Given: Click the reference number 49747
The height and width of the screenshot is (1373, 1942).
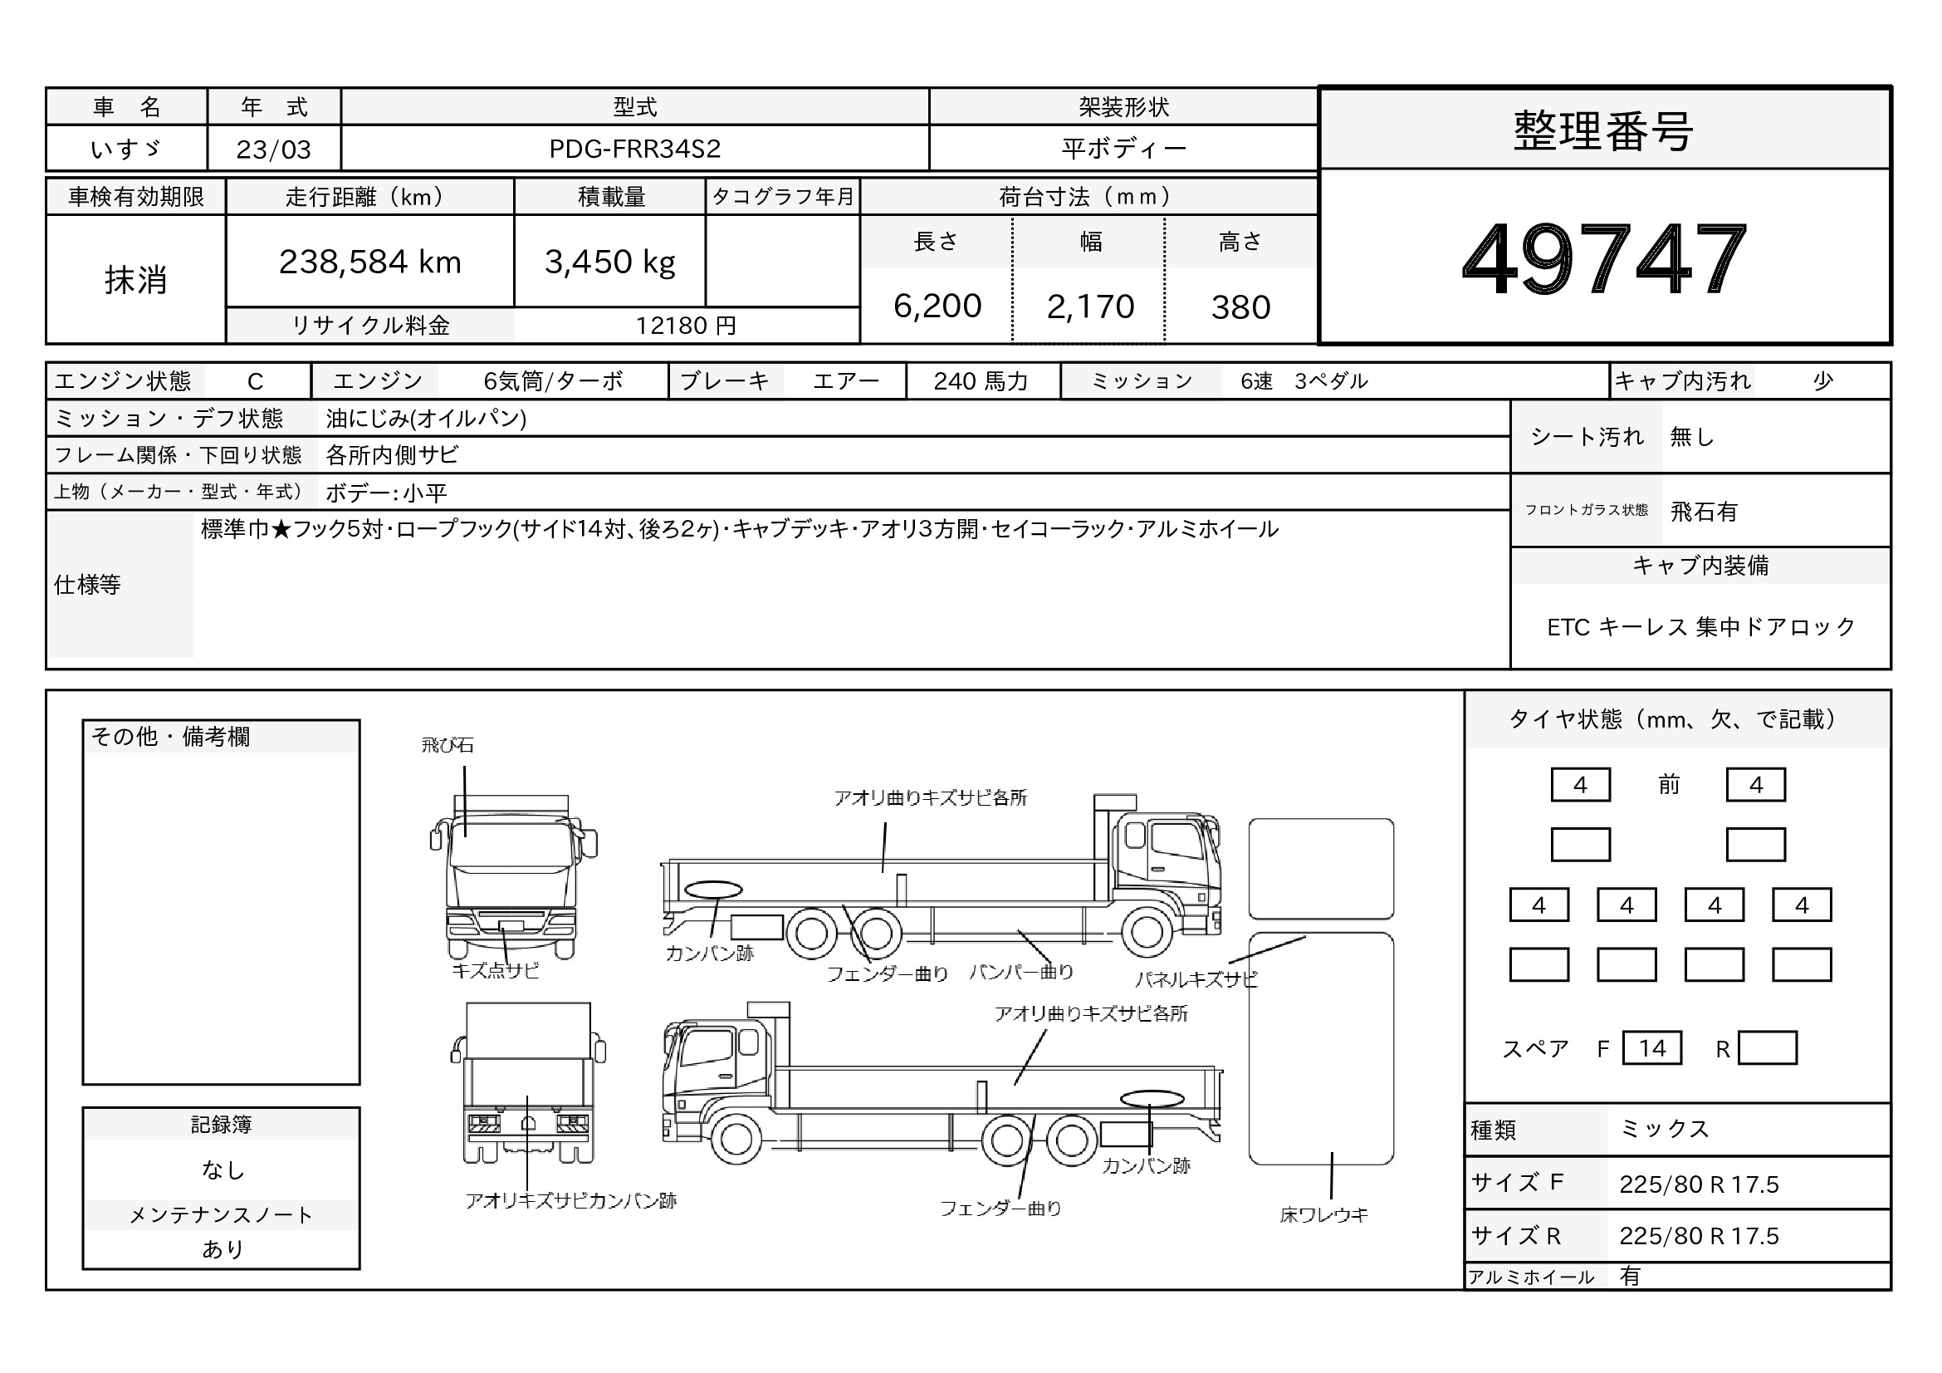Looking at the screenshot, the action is [x=1604, y=258].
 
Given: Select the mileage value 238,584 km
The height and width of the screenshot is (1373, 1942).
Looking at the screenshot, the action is [x=369, y=262].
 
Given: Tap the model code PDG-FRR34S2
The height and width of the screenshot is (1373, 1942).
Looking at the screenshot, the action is [x=634, y=149].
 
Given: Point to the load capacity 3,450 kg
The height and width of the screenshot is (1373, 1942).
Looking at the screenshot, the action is [x=610, y=262].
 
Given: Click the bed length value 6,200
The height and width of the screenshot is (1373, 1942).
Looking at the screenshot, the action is [x=937, y=306].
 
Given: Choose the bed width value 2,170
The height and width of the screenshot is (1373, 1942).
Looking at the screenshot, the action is [x=1090, y=306].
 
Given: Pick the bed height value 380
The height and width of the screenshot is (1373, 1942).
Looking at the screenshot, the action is [x=1240, y=307].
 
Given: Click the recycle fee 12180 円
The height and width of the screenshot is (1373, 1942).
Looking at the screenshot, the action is [x=686, y=326].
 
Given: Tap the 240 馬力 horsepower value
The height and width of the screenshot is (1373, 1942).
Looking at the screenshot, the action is [x=981, y=381].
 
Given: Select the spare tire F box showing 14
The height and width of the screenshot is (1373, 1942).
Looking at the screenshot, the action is [x=1652, y=1048].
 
